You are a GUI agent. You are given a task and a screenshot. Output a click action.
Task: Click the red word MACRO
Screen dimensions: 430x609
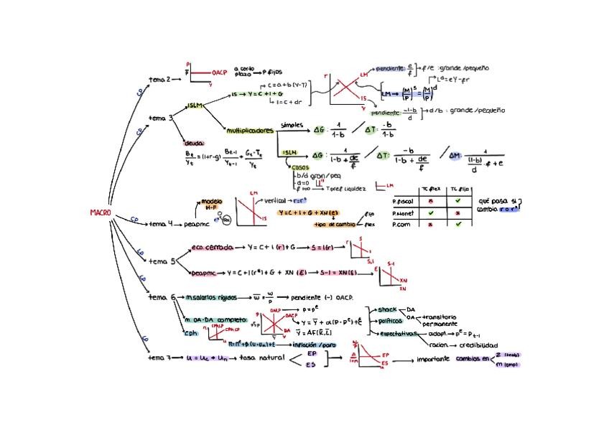[x=101, y=212]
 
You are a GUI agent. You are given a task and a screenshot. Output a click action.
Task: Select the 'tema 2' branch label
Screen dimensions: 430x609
[x=159, y=79]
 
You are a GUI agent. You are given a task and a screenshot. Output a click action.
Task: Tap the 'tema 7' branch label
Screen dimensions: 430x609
[x=159, y=357]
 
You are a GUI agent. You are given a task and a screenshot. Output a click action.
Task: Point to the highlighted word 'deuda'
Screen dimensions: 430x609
[x=195, y=143]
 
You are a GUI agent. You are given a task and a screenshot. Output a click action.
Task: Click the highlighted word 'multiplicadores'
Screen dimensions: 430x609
[x=250, y=131]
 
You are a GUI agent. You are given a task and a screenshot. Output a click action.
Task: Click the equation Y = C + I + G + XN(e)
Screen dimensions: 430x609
[x=310, y=212]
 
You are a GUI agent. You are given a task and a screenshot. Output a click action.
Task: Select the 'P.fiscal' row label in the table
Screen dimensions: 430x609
[x=405, y=202]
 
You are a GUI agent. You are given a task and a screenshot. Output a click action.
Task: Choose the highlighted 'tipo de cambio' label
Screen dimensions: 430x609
[x=335, y=225]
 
